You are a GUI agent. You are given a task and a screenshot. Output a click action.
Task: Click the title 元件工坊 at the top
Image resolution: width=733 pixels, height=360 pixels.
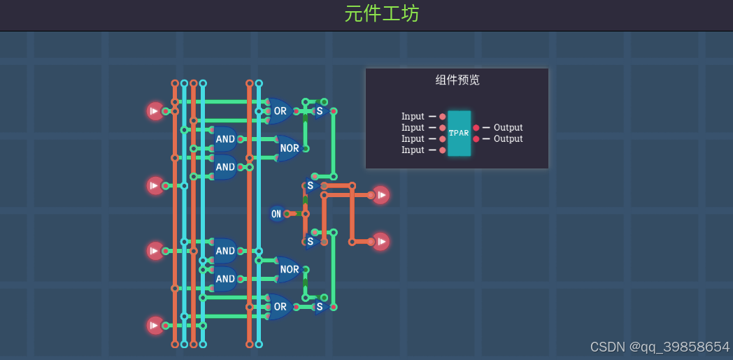(x=382, y=14)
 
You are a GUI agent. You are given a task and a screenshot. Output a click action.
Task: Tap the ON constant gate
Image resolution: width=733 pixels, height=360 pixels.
(x=277, y=214)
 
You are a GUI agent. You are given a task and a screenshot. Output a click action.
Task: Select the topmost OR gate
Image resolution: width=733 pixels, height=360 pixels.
(x=280, y=110)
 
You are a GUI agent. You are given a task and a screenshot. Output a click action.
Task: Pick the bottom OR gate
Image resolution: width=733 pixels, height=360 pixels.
(x=280, y=306)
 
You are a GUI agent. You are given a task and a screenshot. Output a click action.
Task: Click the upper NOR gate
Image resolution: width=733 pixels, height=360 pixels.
(x=289, y=148)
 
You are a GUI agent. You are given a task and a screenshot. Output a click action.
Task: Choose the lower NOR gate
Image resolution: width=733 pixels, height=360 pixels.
(x=289, y=269)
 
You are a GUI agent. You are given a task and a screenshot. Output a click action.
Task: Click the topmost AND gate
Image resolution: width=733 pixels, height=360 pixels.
(x=225, y=139)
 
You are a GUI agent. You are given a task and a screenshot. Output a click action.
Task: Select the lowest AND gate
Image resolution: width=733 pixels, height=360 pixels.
(x=225, y=279)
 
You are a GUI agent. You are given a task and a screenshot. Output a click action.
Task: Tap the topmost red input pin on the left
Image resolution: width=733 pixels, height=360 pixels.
(x=155, y=110)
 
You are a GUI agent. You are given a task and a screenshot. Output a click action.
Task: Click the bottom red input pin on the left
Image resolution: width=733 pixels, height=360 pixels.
(x=155, y=325)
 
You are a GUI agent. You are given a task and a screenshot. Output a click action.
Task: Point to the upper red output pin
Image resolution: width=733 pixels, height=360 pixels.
(x=380, y=195)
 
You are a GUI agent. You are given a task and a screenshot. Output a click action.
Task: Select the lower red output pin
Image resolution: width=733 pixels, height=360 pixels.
(x=380, y=242)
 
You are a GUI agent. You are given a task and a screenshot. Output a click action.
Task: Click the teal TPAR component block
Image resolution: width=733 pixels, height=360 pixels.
(x=459, y=133)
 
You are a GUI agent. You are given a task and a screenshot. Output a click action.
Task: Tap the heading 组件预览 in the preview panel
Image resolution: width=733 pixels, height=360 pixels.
(x=457, y=80)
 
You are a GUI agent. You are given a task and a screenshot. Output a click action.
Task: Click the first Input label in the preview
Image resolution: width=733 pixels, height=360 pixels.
(x=413, y=117)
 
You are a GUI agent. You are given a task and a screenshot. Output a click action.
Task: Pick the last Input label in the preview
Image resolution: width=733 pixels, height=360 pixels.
(x=413, y=150)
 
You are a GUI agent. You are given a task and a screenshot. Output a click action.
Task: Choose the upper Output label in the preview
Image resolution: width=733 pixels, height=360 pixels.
(x=508, y=128)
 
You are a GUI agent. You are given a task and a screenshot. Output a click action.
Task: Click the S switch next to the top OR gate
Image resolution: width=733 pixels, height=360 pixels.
(x=320, y=111)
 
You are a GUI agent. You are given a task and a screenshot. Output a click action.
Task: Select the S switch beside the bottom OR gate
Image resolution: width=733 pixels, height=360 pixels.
(x=320, y=306)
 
